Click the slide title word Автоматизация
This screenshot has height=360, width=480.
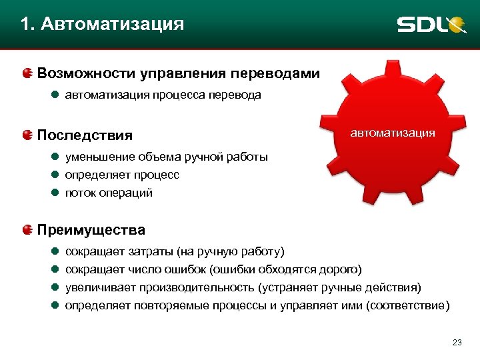111,25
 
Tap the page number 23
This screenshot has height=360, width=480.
457,343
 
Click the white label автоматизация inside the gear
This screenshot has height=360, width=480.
393,133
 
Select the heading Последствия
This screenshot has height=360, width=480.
85,135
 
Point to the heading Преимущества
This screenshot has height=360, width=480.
91,230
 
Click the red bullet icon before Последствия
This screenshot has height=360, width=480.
27,135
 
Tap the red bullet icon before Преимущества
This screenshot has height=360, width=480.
27,230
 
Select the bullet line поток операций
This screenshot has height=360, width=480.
109,193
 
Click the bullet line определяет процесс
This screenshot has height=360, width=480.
122,175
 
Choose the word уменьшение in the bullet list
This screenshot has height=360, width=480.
100,157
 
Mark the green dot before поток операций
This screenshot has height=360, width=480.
55,193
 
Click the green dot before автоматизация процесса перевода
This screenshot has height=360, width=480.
55,95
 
